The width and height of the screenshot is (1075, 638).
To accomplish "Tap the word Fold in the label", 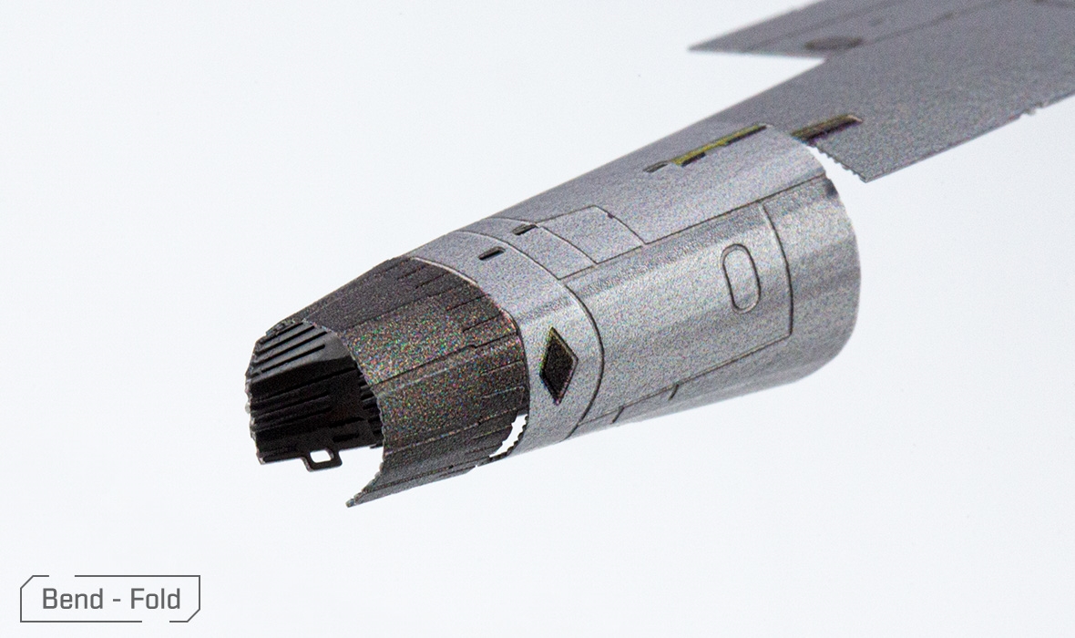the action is [156, 599].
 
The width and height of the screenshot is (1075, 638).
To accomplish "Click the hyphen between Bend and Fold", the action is [117, 601].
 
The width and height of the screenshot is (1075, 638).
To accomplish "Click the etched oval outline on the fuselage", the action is [741, 276].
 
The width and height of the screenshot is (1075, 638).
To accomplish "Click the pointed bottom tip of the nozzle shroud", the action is [350, 503].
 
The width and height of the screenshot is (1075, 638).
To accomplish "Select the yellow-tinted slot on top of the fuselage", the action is [713, 147].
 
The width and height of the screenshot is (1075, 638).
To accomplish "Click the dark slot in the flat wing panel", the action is [826, 129].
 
